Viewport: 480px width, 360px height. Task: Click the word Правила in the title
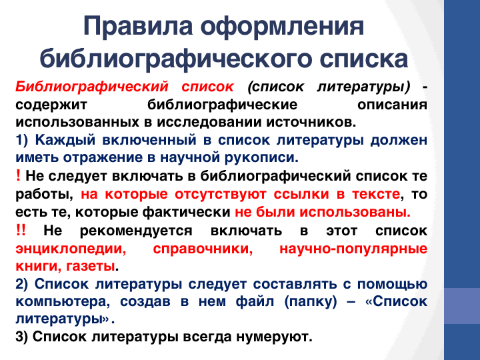click(x=138, y=26)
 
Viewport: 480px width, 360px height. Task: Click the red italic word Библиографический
click(x=92, y=87)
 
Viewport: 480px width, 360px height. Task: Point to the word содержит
click(x=51, y=105)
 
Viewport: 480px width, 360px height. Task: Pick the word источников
click(x=311, y=122)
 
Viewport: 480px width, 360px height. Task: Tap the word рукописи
click(x=261, y=158)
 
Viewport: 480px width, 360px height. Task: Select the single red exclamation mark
click(x=18, y=176)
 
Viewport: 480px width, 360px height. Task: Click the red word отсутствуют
click(x=221, y=194)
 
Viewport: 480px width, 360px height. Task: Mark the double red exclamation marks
click(x=21, y=229)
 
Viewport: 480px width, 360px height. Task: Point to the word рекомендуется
click(x=136, y=231)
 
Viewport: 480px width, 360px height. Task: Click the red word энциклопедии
click(x=71, y=249)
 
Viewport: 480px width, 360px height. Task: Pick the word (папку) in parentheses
click(x=311, y=302)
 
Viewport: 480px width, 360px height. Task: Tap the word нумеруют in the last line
click(x=274, y=337)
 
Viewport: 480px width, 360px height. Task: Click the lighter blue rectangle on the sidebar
click(x=462, y=306)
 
